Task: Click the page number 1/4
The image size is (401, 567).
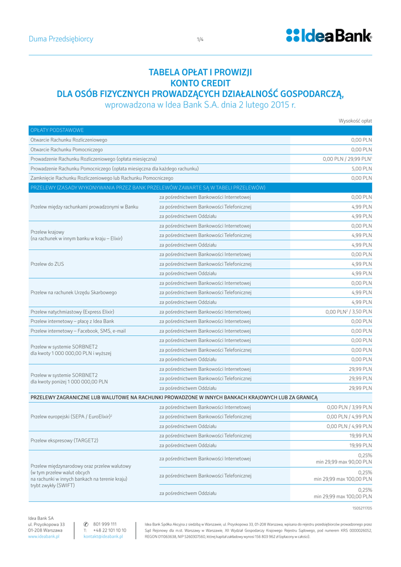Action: [200, 39]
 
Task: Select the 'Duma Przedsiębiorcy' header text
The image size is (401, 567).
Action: [61, 39]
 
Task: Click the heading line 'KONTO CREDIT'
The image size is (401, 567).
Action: [200, 83]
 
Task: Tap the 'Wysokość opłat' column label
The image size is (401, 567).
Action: [355, 120]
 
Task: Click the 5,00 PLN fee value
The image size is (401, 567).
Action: [361, 168]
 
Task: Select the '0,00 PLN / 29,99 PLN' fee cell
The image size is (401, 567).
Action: [347, 159]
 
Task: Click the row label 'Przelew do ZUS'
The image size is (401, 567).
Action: [47, 264]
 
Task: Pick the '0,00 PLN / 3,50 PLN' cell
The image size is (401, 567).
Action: [348, 312]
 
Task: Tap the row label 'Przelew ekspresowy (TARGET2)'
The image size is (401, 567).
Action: [64, 440]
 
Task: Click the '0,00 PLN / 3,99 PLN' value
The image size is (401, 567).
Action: [349, 407]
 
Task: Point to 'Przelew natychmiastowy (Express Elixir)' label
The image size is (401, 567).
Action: [72, 312]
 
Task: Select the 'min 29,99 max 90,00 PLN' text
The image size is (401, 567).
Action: [343, 461]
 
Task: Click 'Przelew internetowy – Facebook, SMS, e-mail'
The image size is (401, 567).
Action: [78, 331]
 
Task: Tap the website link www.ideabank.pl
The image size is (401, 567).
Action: [44, 537]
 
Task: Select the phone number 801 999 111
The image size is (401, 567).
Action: [105, 524]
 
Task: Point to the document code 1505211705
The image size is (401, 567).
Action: [362, 507]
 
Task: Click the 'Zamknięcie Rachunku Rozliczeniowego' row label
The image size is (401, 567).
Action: [101, 178]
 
